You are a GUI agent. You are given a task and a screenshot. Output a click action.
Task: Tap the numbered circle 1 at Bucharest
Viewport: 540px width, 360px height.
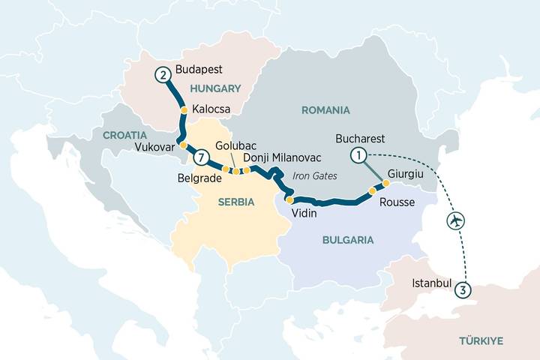click(x=359, y=155)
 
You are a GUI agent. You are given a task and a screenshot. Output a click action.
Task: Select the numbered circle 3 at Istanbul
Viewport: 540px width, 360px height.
click(x=464, y=291)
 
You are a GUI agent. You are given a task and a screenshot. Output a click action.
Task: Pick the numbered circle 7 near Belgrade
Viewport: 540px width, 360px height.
click(x=199, y=158)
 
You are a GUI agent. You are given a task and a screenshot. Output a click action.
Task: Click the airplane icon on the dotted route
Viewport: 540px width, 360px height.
click(x=454, y=221)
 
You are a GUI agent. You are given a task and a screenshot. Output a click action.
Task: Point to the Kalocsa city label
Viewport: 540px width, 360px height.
click(x=211, y=109)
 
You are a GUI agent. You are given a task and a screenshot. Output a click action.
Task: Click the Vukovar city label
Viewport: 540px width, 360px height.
click(x=154, y=147)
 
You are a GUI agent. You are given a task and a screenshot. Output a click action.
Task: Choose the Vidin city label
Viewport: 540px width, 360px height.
click(x=304, y=214)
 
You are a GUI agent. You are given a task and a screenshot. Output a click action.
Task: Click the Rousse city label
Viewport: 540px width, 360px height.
click(x=397, y=202)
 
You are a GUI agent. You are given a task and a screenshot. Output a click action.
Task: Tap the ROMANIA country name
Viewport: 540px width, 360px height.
click(x=325, y=110)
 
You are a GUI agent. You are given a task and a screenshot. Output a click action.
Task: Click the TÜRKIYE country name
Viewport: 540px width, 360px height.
click(x=481, y=340)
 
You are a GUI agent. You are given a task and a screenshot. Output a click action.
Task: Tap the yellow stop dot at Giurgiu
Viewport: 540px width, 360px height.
click(x=386, y=183)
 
